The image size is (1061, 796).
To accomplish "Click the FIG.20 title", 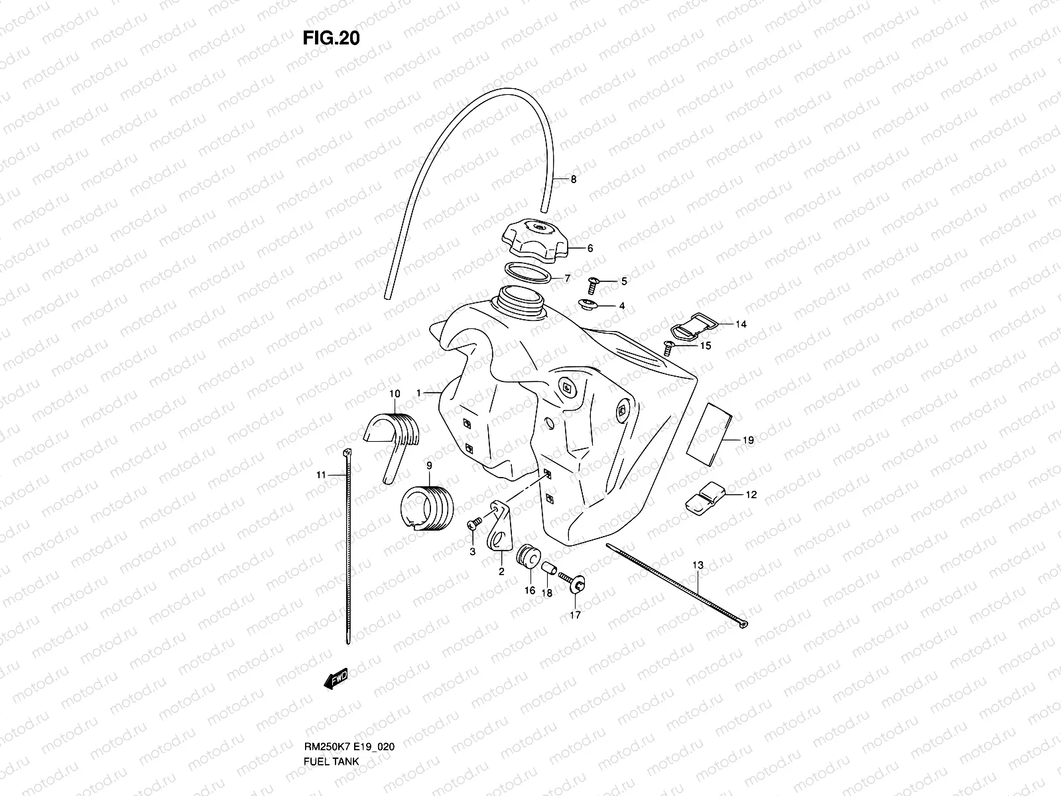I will (x=331, y=38).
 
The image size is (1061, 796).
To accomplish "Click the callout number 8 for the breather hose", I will (x=574, y=179).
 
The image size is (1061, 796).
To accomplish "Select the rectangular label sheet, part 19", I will (x=709, y=431).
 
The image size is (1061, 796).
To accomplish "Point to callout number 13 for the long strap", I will (x=698, y=565).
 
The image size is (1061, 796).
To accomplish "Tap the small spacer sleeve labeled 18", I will (x=548, y=569).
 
